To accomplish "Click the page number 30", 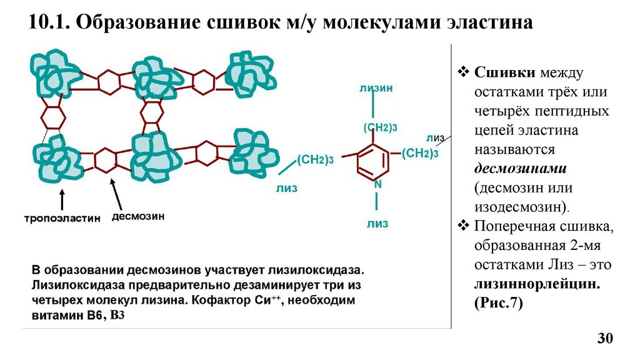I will point(606,339).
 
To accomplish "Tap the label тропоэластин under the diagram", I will point(62,219).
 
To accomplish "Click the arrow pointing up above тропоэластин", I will point(62,200).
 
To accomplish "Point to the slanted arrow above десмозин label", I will point(117,193).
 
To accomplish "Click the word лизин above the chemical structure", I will point(376,88).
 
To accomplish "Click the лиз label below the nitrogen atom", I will point(377,223).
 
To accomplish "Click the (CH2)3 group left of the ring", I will point(315,159).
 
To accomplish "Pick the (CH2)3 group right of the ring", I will point(419,152).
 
